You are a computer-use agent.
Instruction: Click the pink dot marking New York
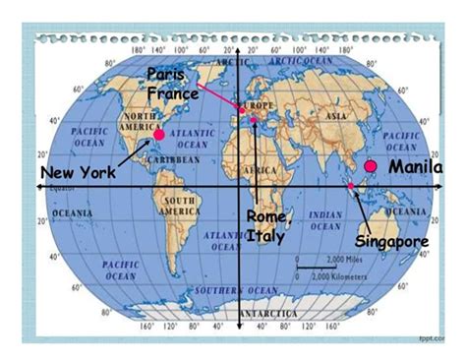click(x=158, y=133)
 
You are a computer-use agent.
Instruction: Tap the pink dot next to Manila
click(x=371, y=166)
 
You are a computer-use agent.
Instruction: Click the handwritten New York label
click(x=77, y=173)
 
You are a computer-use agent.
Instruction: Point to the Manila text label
click(x=415, y=167)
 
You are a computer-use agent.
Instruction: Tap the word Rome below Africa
click(x=265, y=216)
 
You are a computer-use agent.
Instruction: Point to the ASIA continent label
click(x=336, y=116)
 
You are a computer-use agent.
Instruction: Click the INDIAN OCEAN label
click(x=325, y=219)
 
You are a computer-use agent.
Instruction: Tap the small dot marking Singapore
click(x=351, y=184)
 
